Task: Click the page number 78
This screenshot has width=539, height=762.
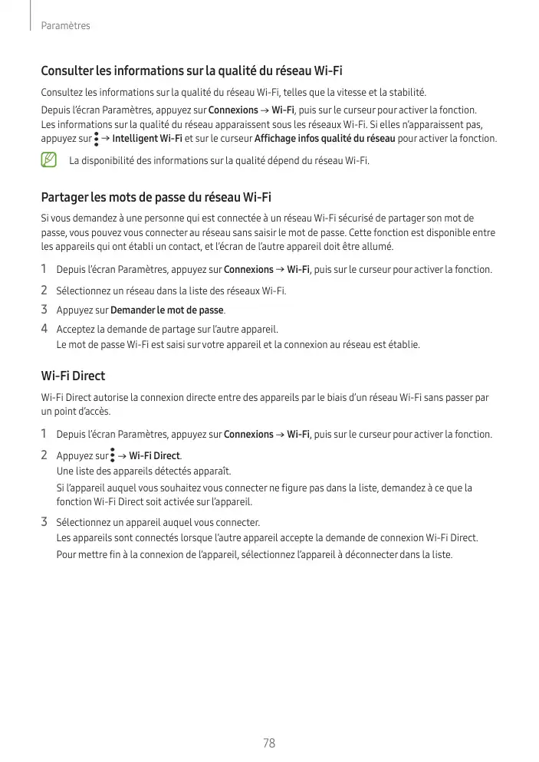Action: point(268,743)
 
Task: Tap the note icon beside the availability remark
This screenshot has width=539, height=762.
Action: point(50,160)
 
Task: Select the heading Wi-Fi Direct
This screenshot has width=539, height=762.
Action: point(73,376)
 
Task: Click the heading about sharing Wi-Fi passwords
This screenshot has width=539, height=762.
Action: point(156,197)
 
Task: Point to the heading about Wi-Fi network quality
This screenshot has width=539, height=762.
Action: point(191,72)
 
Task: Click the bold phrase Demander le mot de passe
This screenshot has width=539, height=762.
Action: point(167,310)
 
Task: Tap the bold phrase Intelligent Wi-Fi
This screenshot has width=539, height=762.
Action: point(146,139)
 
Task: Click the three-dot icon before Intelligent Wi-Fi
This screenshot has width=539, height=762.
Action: point(96,140)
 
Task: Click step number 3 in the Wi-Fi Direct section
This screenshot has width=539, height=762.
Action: point(44,523)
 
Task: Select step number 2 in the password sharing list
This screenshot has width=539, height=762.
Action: point(44,291)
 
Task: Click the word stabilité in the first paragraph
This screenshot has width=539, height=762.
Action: point(405,92)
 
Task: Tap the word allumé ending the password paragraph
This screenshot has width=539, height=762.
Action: point(377,247)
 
